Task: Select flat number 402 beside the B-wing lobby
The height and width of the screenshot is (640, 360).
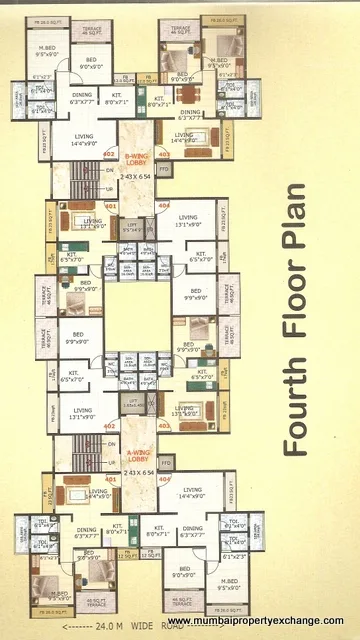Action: tap(110, 153)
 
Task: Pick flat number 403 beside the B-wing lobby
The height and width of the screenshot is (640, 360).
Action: tap(164, 154)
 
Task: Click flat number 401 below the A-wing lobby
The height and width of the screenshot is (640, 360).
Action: tap(110, 479)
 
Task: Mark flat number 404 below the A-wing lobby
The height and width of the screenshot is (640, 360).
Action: tap(164, 479)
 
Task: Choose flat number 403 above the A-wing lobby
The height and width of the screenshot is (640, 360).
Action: tap(164, 425)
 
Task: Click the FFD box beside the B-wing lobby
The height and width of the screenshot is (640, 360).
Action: tap(164, 170)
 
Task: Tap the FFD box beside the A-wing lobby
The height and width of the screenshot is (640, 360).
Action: tap(164, 463)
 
